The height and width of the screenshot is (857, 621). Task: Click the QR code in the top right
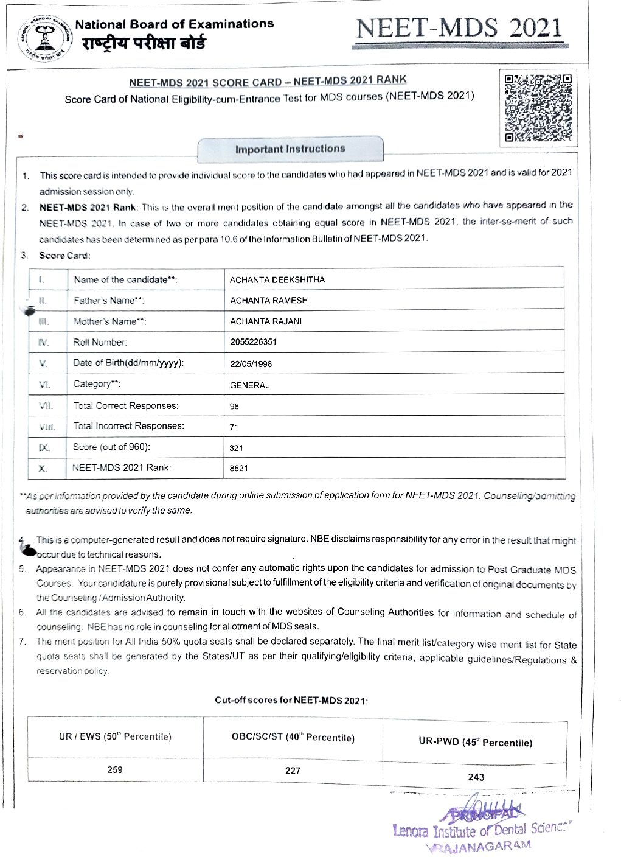point(538,108)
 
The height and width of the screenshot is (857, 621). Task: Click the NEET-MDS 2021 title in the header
point(459,29)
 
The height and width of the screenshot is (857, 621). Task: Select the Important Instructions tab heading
point(290,149)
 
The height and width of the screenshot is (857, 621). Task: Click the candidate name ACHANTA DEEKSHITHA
point(277,280)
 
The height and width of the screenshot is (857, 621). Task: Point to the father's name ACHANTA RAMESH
point(269,301)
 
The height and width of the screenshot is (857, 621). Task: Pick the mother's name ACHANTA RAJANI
point(266,321)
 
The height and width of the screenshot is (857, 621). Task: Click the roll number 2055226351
point(253,342)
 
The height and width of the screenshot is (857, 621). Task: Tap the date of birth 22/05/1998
point(251,364)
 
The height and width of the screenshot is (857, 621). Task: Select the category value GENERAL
point(249,385)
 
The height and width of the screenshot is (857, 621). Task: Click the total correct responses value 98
point(235,407)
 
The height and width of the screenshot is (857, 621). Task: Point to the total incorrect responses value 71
point(234,427)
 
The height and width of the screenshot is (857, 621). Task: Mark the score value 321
point(236,448)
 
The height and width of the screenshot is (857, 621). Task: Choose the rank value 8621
point(238,469)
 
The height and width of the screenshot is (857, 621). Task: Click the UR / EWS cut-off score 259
point(115,770)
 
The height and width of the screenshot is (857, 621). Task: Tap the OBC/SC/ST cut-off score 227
point(293,771)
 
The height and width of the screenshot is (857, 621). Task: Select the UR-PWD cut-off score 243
point(476,777)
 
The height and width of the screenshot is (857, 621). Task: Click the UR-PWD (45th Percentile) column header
point(475,743)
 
